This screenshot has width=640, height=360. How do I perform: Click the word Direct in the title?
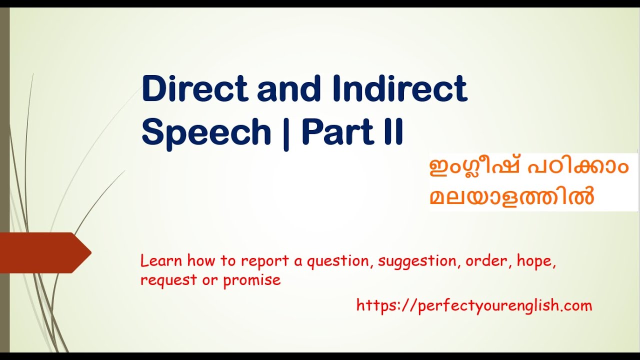coord(195,89)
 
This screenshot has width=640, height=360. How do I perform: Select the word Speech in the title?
coord(206,132)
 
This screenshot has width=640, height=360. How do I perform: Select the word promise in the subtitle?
coord(252,280)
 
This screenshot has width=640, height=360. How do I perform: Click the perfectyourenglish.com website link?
coord(474,305)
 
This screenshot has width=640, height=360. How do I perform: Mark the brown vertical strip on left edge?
coord(4,180)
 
